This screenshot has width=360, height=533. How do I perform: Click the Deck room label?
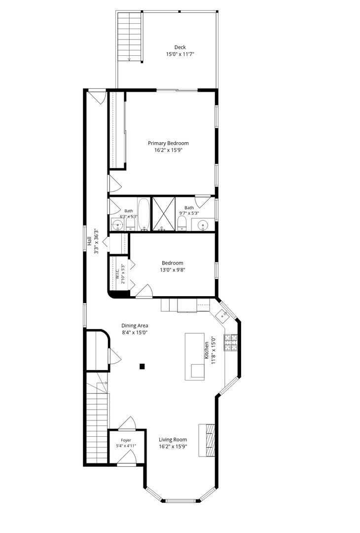(x=180, y=47)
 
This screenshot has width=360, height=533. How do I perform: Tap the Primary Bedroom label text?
(x=168, y=143)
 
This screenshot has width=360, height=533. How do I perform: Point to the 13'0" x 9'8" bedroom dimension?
(x=172, y=270)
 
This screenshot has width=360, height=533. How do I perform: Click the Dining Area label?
(x=135, y=326)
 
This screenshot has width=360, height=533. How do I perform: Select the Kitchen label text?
(x=206, y=350)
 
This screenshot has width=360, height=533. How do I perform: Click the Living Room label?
(x=173, y=440)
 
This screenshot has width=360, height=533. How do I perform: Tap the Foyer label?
(x=126, y=440)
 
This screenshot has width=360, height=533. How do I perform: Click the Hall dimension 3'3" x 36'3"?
(x=97, y=241)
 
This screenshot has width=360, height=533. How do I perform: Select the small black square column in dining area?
(x=143, y=366)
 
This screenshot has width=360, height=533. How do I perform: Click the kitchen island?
(x=195, y=357)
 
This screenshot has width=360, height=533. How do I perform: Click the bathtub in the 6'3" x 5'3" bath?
(x=144, y=215)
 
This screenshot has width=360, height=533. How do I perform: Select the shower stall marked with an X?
(x=163, y=214)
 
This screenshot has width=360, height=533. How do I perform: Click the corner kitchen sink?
(x=223, y=315)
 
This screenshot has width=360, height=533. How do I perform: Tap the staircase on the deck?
(x=129, y=37)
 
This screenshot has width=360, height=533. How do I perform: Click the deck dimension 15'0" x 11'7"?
(x=180, y=54)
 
